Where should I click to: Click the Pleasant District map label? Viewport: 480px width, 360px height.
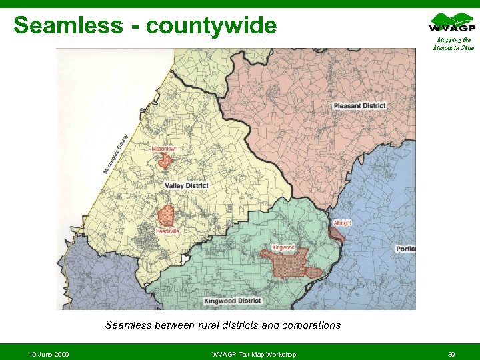359,106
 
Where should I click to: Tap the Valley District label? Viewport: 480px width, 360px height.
187,185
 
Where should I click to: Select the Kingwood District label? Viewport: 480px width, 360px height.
233,301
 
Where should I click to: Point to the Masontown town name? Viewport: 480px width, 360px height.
165,149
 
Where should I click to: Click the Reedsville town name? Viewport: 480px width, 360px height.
167,231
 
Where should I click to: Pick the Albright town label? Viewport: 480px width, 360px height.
342,223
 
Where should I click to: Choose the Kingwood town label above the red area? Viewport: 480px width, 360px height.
283,247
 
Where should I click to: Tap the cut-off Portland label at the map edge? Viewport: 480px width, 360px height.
405,249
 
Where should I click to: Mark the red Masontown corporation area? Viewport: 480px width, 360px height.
165,160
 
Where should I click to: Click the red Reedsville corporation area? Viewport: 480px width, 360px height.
165,216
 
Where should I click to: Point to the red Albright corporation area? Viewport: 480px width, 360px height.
337,234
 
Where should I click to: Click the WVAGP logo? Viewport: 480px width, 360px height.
452,23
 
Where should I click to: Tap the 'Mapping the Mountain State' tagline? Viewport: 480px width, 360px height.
452,44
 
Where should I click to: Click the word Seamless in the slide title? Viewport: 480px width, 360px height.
68,25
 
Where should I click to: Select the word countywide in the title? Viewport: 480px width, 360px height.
211,25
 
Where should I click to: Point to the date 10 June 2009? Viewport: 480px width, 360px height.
49,353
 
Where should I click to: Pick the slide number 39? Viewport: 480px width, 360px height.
451,353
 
